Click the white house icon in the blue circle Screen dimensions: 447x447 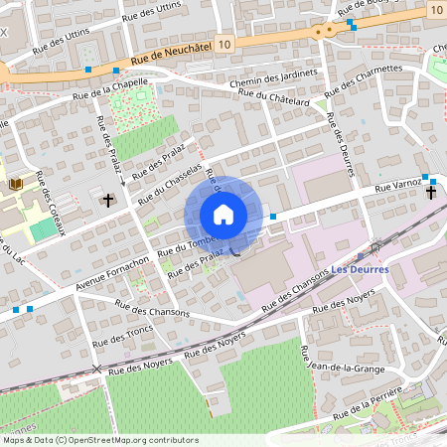tap(223, 215)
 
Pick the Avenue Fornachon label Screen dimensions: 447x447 tap(111, 274)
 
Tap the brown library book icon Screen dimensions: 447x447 tap(16, 184)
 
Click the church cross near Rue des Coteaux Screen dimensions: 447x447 tap(108, 200)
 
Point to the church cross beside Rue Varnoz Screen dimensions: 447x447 tap(432, 191)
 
